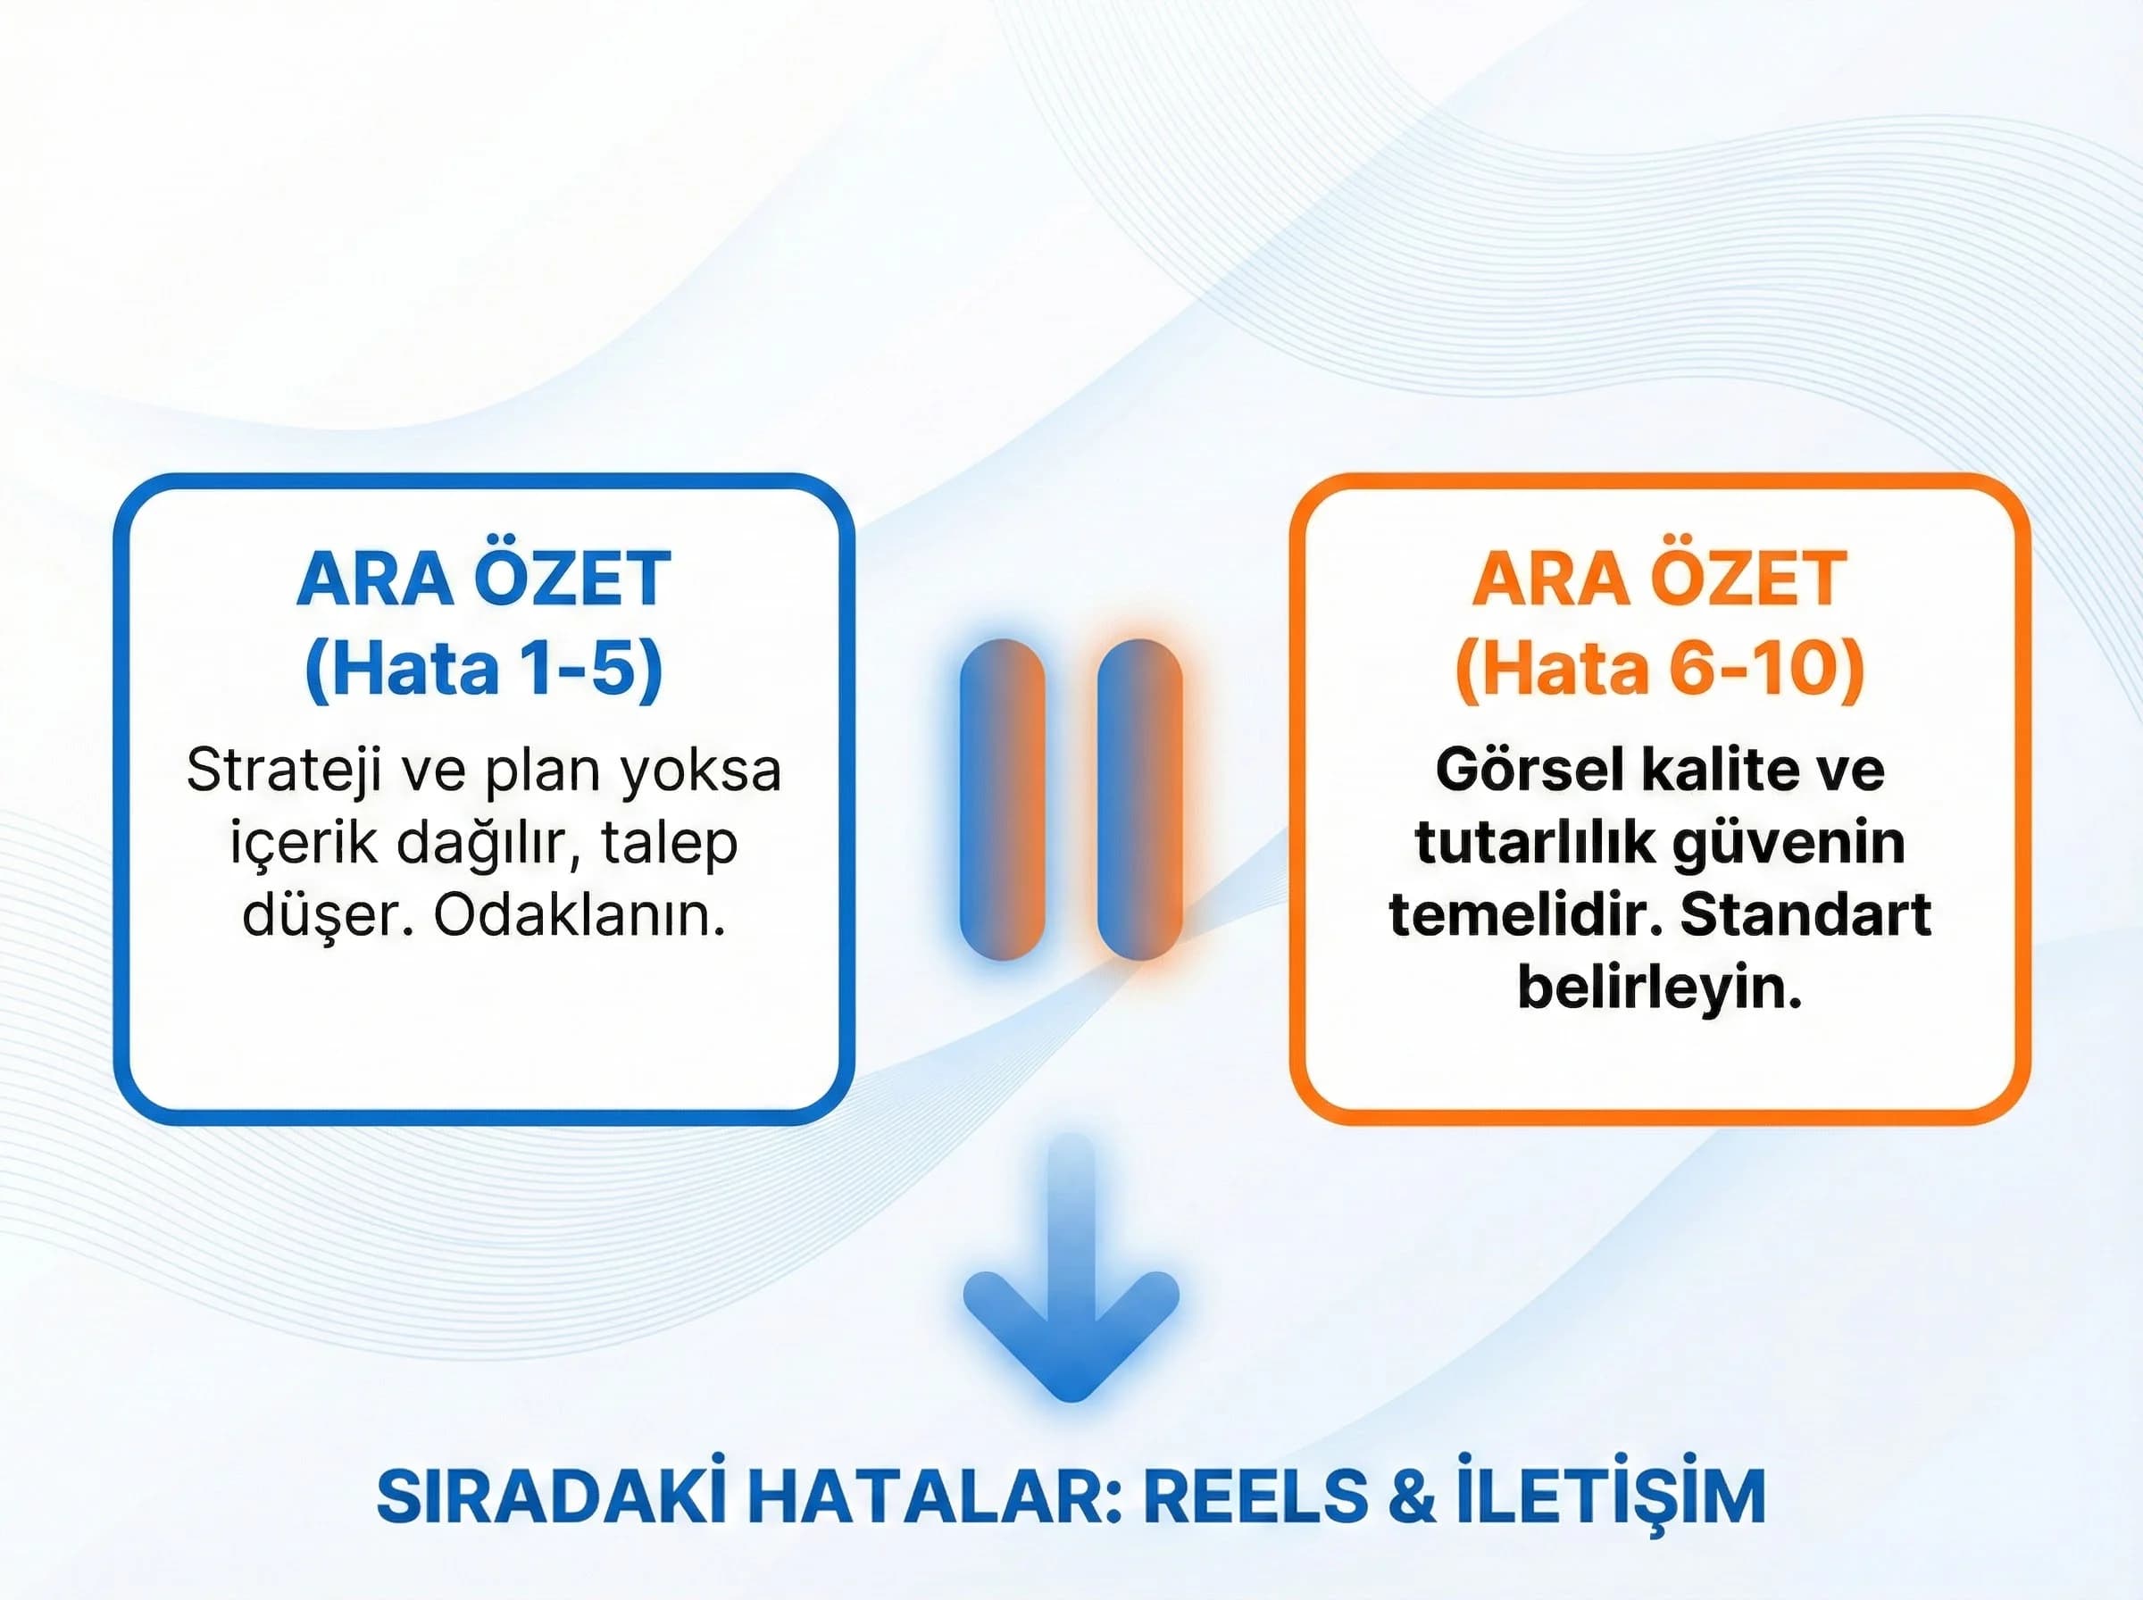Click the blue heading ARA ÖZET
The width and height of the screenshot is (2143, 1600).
point(483,579)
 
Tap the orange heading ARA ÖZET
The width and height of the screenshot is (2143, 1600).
point(1659,579)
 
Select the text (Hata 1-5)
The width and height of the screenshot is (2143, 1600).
point(483,668)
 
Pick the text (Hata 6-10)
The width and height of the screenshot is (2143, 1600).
point(1659,668)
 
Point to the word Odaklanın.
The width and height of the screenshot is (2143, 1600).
point(580,915)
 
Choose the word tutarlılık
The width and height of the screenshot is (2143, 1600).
point(1535,843)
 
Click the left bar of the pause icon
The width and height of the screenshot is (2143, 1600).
point(1002,799)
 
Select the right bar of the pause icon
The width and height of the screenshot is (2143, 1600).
point(1139,799)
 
